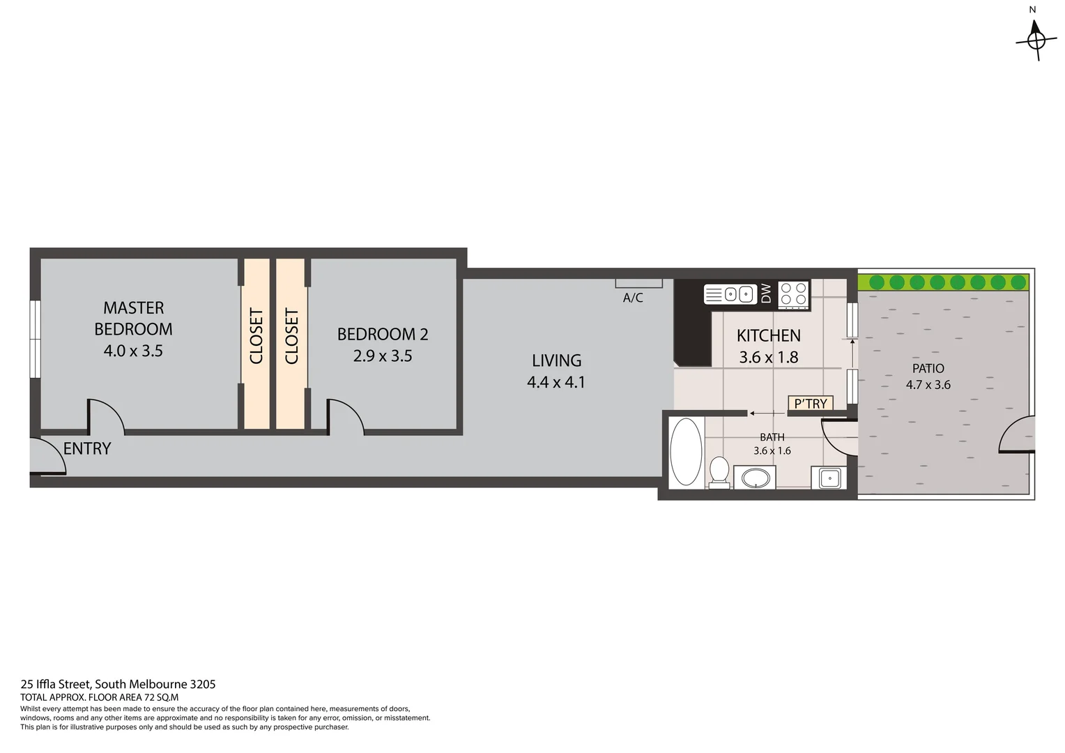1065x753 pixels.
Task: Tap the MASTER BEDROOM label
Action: click(x=133, y=318)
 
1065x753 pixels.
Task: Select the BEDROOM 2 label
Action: click(x=382, y=335)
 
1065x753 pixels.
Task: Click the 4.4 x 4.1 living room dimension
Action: click(x=556, y=382)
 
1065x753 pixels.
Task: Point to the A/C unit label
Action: click(x=632, y=298)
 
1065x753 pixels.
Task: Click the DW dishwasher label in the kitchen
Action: click(x=766, y=294)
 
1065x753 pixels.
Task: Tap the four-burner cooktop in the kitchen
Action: click(x=793, y=294)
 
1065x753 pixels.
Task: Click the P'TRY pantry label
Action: click(x=810, y=404)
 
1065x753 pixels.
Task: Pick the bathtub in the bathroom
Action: click(x=686, y=452)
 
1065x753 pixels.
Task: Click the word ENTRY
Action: click(x=87, y=449)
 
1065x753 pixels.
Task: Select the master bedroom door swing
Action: click(x=106, y=416)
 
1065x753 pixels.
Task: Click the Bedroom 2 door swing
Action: click(x=346, y=416)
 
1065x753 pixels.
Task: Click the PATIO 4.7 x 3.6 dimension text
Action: click(x=928, y=385)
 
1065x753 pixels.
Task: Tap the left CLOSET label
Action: click(x=256, y=336)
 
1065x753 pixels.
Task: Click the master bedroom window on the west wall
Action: click(x=35, y=339)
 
